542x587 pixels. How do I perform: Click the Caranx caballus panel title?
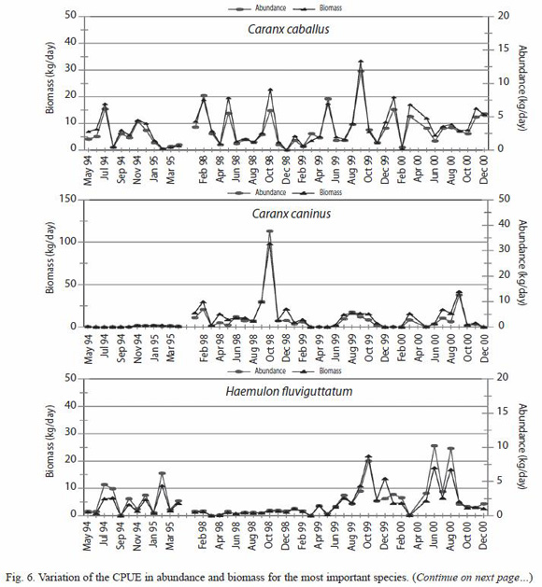click(288, 29)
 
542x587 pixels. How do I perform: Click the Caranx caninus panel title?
click(292, 214)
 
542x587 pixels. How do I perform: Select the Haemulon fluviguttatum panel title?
click(289, 391)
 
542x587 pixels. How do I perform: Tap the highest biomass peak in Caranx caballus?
click(361, 62)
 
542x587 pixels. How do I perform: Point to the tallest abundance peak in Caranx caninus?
click(269, 231)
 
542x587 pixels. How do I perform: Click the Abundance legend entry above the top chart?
click(257, 7)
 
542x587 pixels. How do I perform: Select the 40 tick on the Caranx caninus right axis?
click(505, 224)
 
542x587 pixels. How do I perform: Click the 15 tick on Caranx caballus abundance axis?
click(505, 49)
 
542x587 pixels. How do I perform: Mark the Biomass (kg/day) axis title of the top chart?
click(50, 77)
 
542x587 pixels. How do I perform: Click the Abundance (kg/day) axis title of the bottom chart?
click(521, 446)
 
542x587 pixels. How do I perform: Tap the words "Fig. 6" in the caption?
click(21, 577)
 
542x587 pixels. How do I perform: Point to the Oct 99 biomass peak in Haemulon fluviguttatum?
click(368, 456)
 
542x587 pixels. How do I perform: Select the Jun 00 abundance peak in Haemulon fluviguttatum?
click(435, 446)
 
